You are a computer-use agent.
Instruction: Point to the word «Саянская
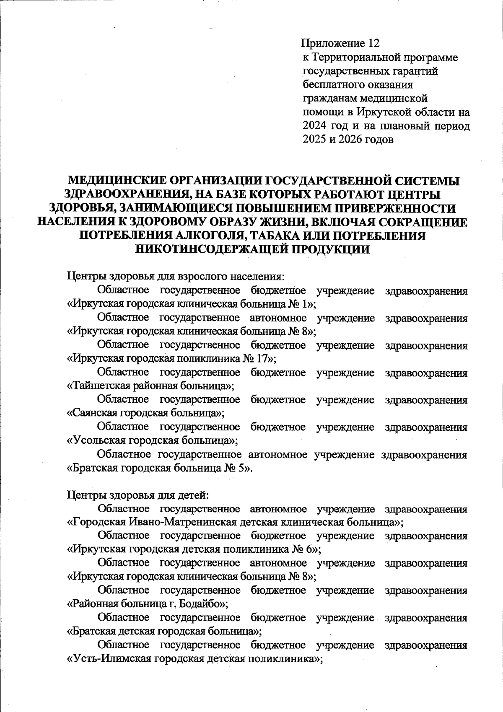pos(93,413)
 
